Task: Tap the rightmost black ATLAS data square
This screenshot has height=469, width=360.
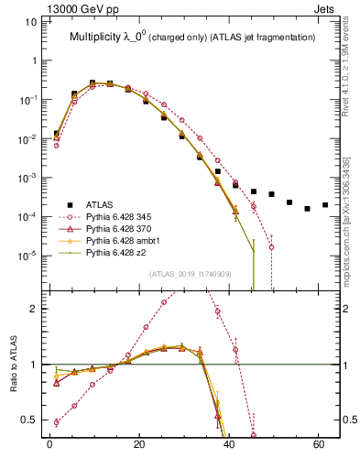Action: (325, 205)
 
